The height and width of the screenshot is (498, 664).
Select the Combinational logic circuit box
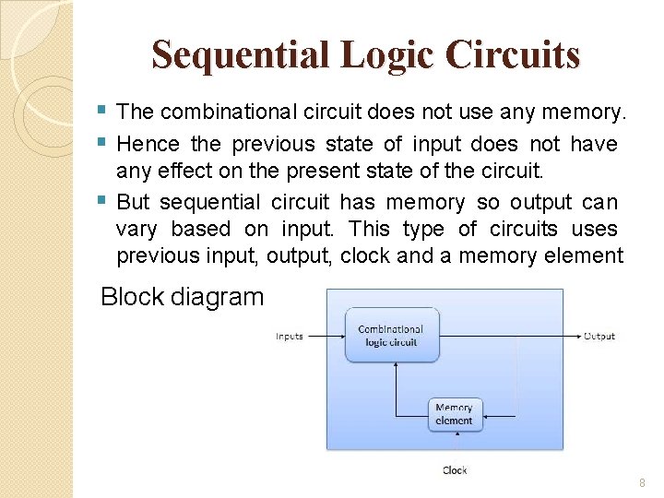391,335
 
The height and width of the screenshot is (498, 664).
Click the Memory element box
454,414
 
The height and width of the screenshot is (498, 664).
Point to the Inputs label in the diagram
290,337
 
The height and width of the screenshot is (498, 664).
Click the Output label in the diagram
599,337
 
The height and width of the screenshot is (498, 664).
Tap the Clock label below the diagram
455,470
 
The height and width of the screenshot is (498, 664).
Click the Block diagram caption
182,297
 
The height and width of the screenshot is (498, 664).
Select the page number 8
641,484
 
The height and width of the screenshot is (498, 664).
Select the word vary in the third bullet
136,229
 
